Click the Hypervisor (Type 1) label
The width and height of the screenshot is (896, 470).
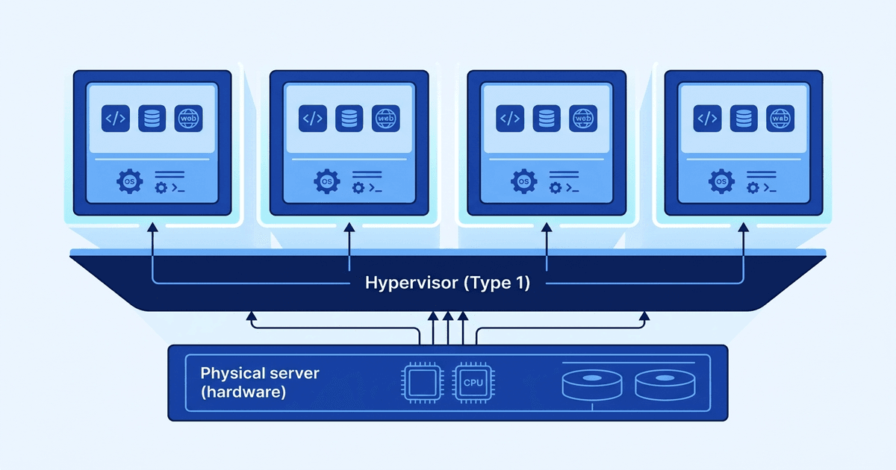(x=447, y=283)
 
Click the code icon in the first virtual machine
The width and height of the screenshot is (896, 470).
(x=116, y=118)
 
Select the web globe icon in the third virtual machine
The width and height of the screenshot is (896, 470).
(x=583, y=118)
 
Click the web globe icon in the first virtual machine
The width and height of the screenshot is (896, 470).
(x=188, y=118)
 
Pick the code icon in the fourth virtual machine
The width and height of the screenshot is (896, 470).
(x=706, y=118)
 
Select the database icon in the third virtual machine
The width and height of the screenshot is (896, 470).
(x=547, y=118)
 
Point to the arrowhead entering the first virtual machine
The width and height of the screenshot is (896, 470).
(x=152, y=226)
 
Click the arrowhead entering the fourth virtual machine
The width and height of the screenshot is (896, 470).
(x=744, y=226)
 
